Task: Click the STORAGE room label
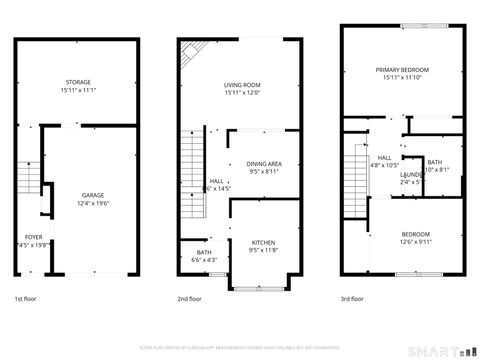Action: point(78,82)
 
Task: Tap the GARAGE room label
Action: point(92,195)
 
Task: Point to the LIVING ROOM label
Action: point(241,85)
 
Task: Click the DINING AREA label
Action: point(264,163)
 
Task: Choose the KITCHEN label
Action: point(263,243)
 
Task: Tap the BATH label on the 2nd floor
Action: point(204,252)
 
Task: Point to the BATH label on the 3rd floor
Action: point(434,162)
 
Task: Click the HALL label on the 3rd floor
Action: point(384,157)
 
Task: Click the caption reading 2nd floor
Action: point(189,298)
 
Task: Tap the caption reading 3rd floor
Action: point(354,298)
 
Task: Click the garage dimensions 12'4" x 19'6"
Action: point(92,203)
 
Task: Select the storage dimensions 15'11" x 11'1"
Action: point(78,90)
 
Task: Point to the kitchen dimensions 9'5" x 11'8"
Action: point(263,251)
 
